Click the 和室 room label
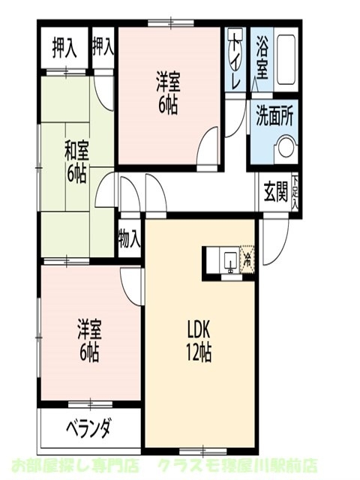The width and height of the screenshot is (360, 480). [x=76, y=149]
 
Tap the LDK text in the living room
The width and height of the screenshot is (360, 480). [x=199, y=330]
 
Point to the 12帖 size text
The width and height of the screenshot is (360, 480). [x=199, y=352]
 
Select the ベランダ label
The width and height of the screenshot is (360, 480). [x=88, y=429]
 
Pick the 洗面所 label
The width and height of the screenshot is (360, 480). [x=274, y=117]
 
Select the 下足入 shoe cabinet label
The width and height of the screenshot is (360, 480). [x=295, y=191]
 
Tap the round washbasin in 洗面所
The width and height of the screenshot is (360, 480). [x=286, y=148]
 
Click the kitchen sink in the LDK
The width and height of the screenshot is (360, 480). [x=228, y=261]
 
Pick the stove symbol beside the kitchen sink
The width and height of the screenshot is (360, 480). [x=247, y=259]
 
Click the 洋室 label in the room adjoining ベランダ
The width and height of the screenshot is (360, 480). [x=89, y=339]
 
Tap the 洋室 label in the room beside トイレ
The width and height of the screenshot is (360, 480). [x=168, y=92]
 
